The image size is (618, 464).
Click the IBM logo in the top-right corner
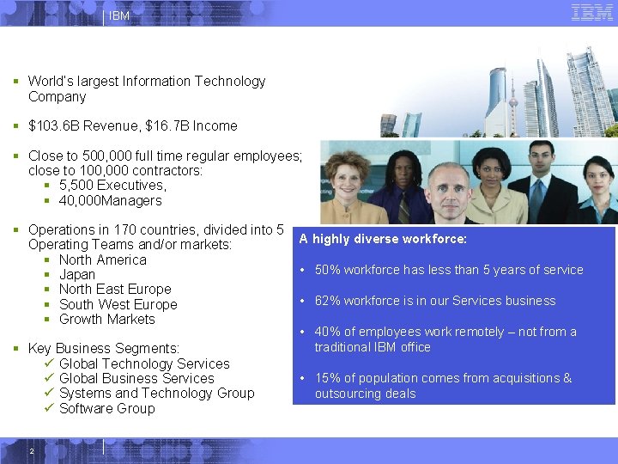click(591, 12)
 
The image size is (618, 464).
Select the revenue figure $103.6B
click(55, 125)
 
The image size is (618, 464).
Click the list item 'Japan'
click(77, 275)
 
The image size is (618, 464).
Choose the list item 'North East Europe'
click(115, 290)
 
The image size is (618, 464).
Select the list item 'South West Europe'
click(118, 304)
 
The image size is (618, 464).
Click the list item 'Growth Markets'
click(106, 319)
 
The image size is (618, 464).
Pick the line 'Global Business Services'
click(136, 378)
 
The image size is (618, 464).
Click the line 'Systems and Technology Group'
click(156, 393)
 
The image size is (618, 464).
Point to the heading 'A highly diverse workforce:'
click(383, 239)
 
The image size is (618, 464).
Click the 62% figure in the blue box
click(327, 301)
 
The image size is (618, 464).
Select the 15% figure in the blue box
click(327, 378)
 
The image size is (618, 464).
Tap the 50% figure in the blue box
click(327, 270)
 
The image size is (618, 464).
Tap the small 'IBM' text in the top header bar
click(120, 15)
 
